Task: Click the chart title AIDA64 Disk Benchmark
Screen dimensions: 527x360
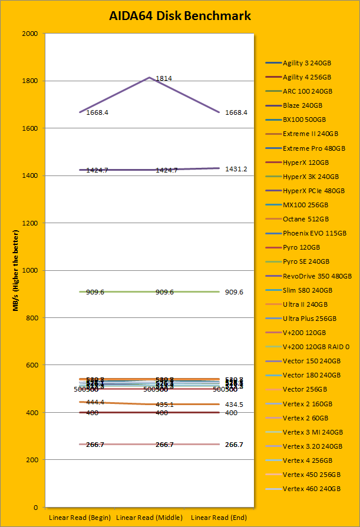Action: [180, 16]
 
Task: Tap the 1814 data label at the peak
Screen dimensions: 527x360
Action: [164, 78]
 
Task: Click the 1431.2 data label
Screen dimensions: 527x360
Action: [236, 169]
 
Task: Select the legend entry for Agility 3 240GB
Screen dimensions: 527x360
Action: [306, 63]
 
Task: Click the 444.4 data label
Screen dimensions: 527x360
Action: [95, 402]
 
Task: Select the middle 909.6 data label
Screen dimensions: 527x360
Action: [164, 292]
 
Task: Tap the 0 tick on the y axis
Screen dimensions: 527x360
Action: [36, 508]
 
